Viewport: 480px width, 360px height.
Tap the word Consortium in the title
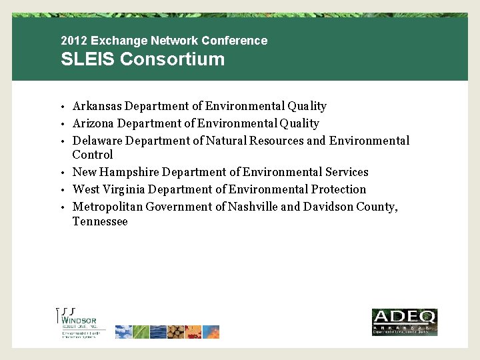[173, 59]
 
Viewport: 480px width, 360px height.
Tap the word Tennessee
[100, 221]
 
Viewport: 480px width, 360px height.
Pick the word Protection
[339, 189]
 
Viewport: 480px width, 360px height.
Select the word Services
[347, 172]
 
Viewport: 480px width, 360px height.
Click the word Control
[93, 155]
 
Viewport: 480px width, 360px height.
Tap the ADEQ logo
[404, 322]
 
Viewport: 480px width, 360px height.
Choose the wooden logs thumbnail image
[176, 332]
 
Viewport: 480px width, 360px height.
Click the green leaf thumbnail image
[141, 332]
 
